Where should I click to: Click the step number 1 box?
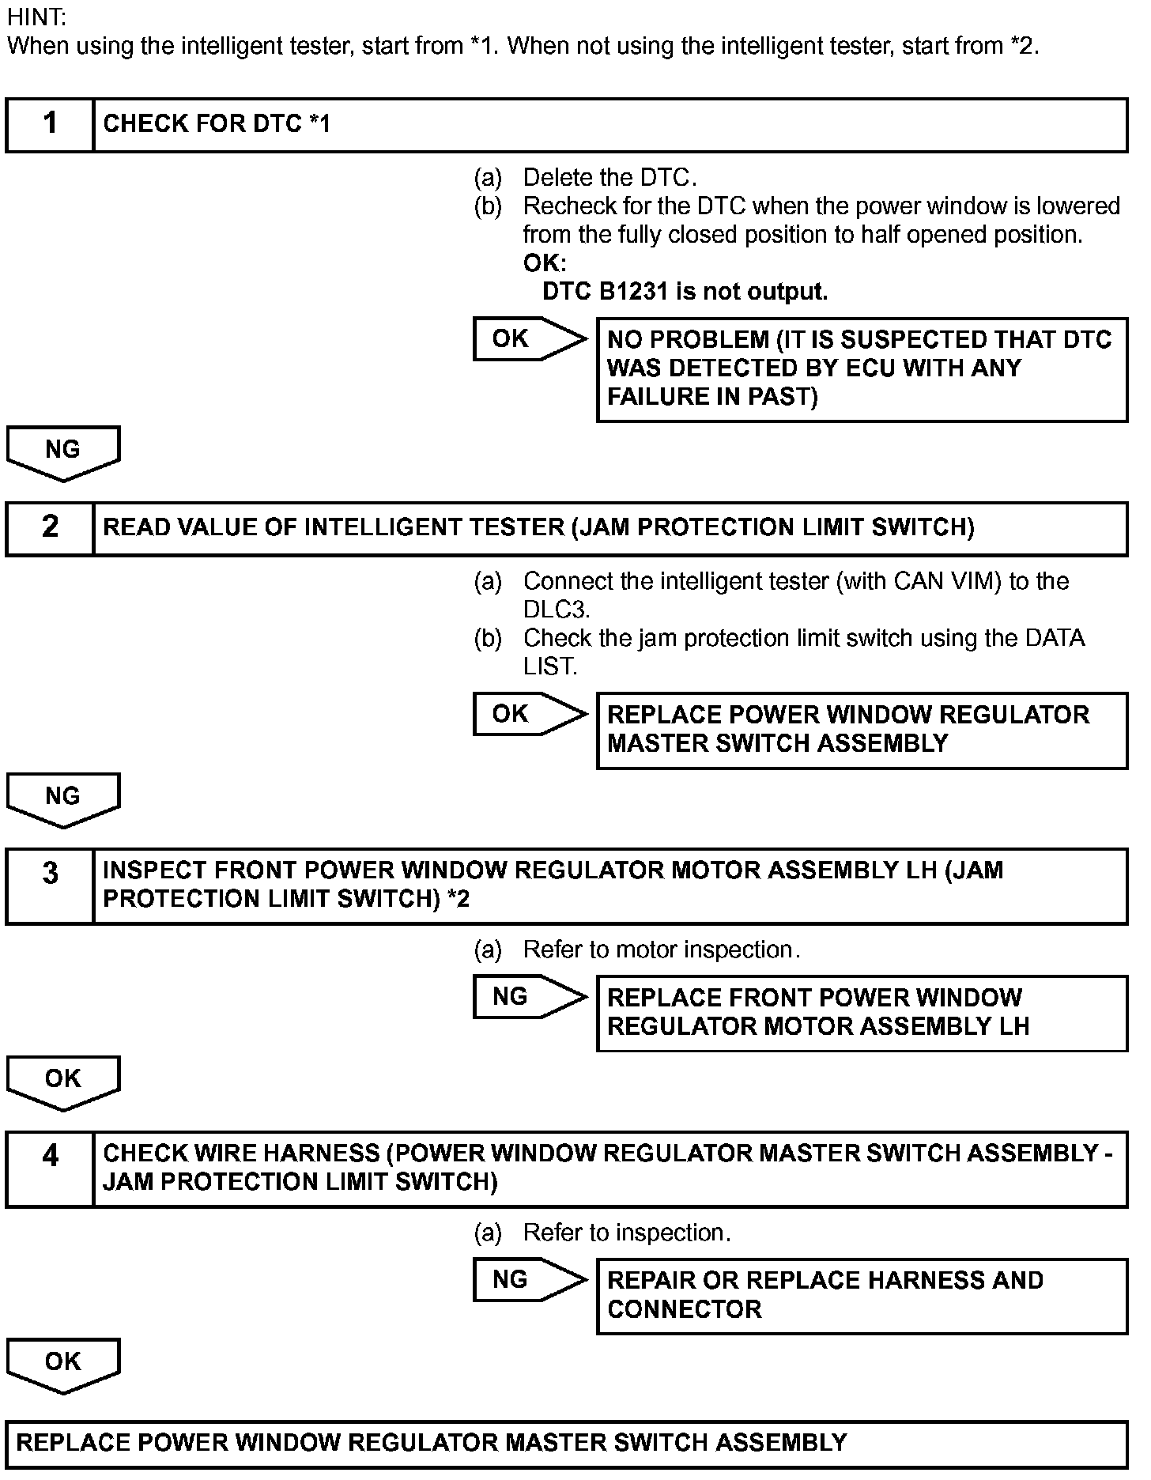(50, 124)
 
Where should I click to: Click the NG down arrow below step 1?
(62, 451)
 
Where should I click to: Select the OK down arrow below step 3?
(62, 1081)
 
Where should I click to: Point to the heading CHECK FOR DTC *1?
(217, 124)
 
